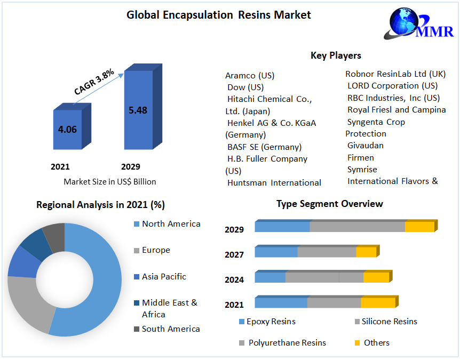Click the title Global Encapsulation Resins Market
point(218,15)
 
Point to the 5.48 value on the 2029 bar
point(138,110)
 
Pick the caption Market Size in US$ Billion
point(110,181)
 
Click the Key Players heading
point(336,55)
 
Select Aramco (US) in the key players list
point(250,75)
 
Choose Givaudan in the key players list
point(365,145)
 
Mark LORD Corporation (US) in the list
point(392,85)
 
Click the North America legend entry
point(171,224)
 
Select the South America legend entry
point(171,329)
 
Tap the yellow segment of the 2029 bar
point(419,227)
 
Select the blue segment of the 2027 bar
point(276,252)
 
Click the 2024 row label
point(234,279)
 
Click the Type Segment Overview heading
point(329,204)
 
